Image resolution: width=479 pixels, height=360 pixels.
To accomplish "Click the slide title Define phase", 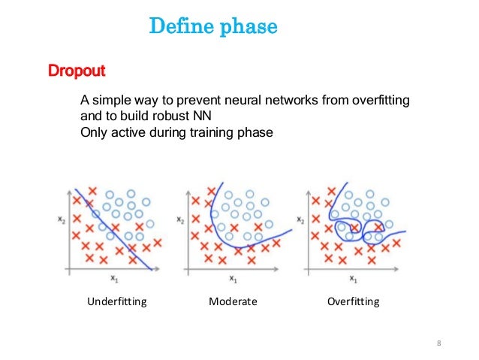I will click(213, 28).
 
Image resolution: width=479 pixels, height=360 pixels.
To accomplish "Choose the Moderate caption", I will click(233, 302).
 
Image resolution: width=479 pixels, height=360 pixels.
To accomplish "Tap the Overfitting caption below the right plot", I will click(354, 302).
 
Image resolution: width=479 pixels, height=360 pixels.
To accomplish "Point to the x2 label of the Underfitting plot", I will click(59, 220).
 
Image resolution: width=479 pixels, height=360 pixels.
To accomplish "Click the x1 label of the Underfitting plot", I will click(113, 279).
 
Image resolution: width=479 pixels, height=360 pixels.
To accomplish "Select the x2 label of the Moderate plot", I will click(179, 220).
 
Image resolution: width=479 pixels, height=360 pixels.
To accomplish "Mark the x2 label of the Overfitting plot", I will click(300, 220).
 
